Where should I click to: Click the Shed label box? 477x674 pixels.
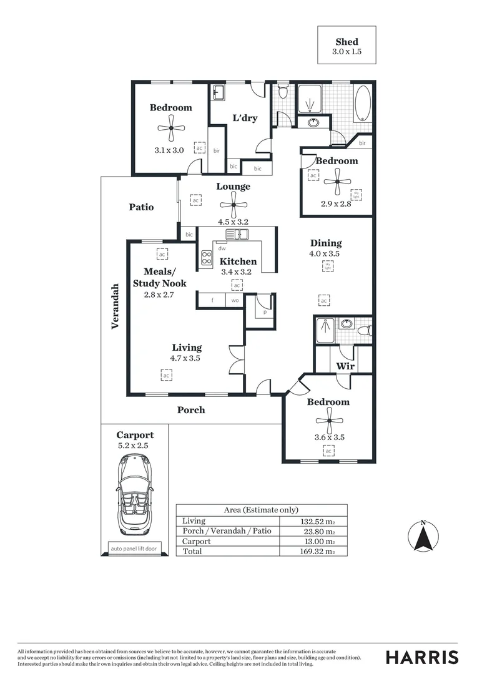click(x=347, y=45)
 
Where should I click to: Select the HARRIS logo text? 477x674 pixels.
click(x=422, y=657)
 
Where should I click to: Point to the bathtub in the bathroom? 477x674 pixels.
click(x=362, y=104)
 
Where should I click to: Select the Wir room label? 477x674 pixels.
click(x=345, y=366)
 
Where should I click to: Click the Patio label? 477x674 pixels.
click(x=141, y=207)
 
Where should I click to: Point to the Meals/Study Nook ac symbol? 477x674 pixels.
click(x=162, y=255)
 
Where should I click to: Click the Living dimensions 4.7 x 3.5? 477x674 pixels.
click(x=185, y=358)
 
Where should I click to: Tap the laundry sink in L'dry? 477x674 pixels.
click(x=219, y=93)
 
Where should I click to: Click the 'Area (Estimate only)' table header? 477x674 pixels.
click(x=261, y=510)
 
